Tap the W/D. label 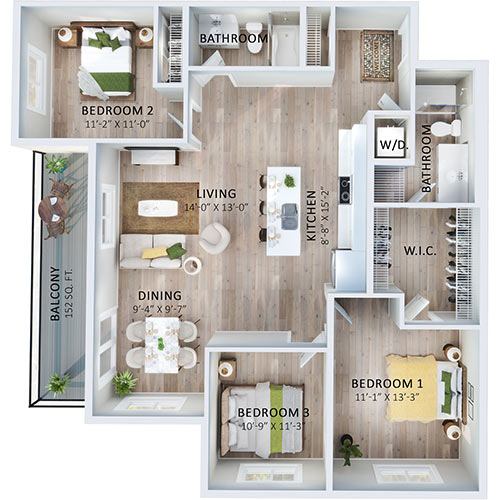pyautogui.click(x=388, y=142)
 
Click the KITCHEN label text pyautogui.click(x=311, y=215)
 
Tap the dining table pyautogui.click(x=160, y=343)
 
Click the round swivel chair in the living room pyautogui.click(x=214, y=238)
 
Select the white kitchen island pyautogui.click(x=288, y=211)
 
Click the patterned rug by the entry pyautogui.click(x=377, y=54)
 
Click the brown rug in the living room pyautogui.click(x=160, y=207)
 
